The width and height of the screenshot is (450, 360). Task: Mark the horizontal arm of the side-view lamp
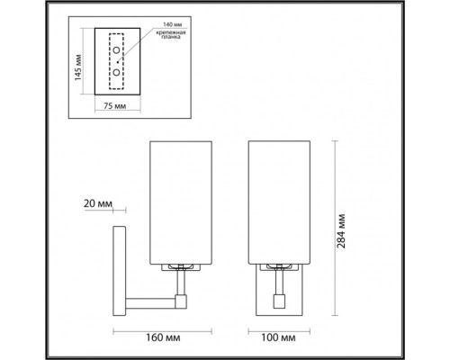tap(152, 296)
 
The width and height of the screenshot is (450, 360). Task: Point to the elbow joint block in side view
tap(183, 296)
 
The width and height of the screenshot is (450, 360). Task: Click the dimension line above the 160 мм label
tap(158, 328)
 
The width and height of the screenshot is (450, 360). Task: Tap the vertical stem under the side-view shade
tap(183, 280)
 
